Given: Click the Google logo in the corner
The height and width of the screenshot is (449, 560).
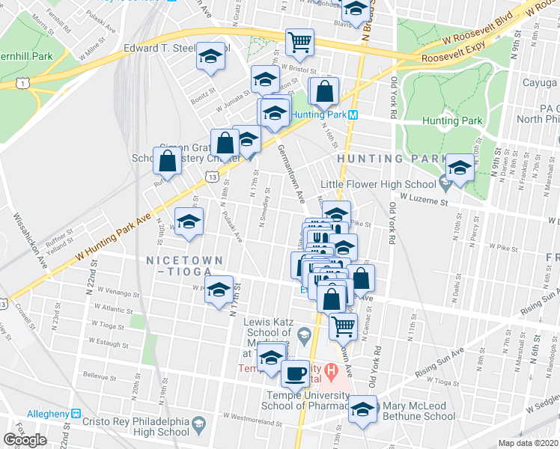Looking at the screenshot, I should pyautogui.click(x=25, y=440).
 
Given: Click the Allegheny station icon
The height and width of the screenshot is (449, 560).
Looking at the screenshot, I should pyautogui.click(x=75, y=414).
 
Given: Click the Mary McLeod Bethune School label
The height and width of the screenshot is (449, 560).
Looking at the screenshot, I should pyautogui.click(x=419, y=411).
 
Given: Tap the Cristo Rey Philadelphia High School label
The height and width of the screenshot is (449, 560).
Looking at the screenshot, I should pyautogui.click(x=141, y=426).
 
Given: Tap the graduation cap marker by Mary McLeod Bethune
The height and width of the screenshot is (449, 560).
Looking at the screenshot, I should pyautogui.click(x=363, y=409).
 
